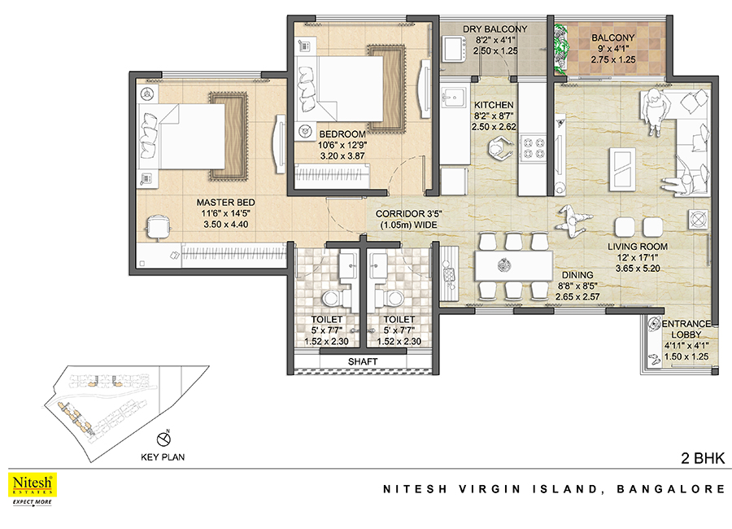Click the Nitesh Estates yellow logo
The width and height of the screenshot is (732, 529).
tap(33, 484)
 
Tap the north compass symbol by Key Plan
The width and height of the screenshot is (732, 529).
tap(163, 439)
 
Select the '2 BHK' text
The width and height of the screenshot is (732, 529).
tap(703, 458)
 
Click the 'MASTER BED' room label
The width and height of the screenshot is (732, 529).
tap(225, 203)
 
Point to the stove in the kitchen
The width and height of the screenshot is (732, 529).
tap(533, 147)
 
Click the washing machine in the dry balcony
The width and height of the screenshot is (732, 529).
tap(454, 49)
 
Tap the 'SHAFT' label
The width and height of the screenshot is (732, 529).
tap(363, 361)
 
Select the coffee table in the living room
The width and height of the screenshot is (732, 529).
tap(622, 169)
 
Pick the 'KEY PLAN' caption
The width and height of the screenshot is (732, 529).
tap(163, 457)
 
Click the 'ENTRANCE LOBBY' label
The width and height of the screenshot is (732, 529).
tap(686, 329)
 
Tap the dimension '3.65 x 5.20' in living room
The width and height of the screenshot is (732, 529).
tap(637, 269)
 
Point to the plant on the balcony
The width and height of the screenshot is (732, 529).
tap(560, 49)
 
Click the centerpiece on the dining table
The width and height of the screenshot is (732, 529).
tap(503, 265)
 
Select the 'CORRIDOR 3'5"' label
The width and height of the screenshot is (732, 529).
tap(408, 213)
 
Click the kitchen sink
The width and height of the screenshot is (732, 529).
tap(452, 98)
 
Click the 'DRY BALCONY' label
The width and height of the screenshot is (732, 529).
tap(495, 29)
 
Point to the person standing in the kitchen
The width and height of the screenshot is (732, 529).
tap(499, 149)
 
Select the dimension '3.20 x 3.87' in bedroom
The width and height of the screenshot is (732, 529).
tap(342, 156)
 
